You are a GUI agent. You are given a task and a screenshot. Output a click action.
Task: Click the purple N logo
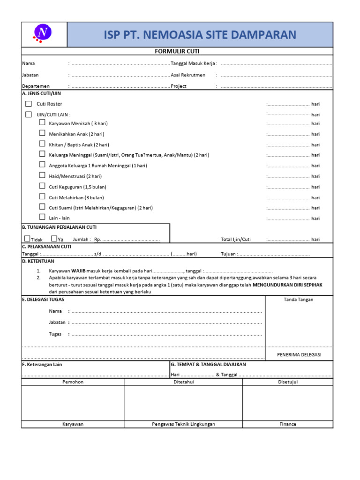point(44,33)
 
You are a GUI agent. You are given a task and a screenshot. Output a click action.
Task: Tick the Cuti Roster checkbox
point(29,104)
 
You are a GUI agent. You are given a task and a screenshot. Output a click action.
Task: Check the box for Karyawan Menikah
point(42,123)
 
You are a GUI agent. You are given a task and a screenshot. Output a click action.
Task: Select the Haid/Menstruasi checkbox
point(42,176)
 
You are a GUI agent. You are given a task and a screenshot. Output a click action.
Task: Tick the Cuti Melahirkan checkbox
point(42,197)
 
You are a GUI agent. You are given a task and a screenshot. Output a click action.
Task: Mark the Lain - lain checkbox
point(42,217)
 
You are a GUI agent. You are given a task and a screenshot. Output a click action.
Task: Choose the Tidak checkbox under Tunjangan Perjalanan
point(27,239)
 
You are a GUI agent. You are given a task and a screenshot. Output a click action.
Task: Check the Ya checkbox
point(54,239)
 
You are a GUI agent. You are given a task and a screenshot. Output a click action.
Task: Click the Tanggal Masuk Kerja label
point(194,63)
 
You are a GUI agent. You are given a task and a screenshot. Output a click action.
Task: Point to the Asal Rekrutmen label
point(188,75)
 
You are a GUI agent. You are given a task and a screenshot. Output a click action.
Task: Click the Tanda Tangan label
point(299,300)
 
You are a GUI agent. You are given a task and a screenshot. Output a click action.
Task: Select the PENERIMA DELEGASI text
point(299,355)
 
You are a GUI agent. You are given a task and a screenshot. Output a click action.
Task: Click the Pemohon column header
point(73,382)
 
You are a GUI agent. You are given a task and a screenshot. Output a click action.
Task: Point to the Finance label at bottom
point(287,424)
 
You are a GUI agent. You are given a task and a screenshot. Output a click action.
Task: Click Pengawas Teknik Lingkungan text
point(183,424)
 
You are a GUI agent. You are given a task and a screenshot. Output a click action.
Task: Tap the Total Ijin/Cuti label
point(236,240)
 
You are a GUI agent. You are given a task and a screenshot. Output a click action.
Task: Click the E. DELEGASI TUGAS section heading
point(43,300)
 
